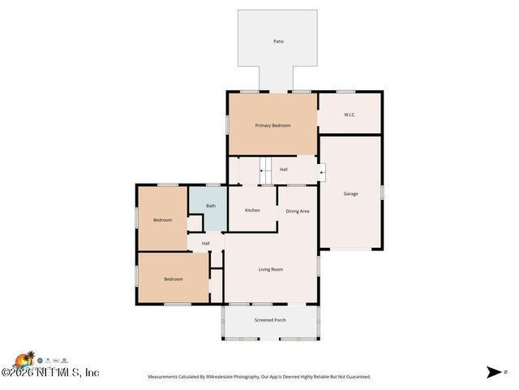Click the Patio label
pyautogui.click(x=278, y=41)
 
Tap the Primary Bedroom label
pyautogui.click(x=272, y=125)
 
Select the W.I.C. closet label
pyautogui.click(x=350, y=115)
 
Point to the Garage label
pyautogui.click(x=350, y=193)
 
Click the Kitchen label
pyautogui.click(x=252, y=210)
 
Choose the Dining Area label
pyautogui.click(x=298, y=211)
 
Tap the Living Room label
pyautogui.click(x=271, y=269)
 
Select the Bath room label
pyautogui.click(x=211, y=206)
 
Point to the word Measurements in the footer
pyautogui.click(x=164, y=377)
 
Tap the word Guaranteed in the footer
pyautogui.click(x=354, y=377)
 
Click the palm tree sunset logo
pyautogui.click(x=24, y=360)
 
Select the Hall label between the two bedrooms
pyautogui.click(x=206, y=243)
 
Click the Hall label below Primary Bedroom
pyautogui.click(x=284, y=170)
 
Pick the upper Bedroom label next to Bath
pyautogui.click(x=162, y=219)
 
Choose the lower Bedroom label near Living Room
pyautogui.click(x=174, y=279)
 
